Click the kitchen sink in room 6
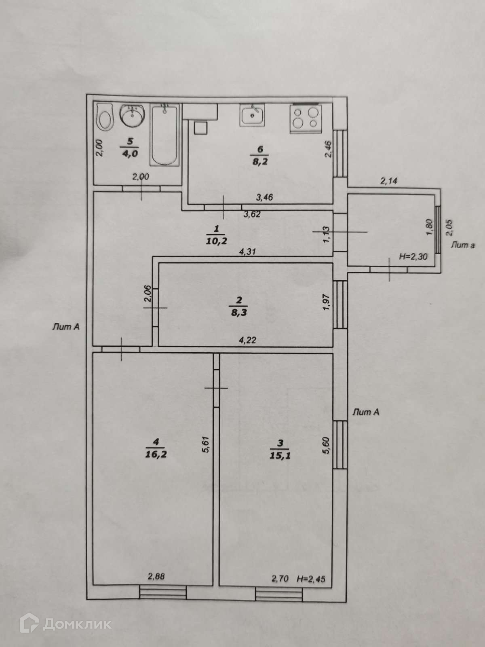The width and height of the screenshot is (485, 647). click(253, 115)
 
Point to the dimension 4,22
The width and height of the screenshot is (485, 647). click(247, 340)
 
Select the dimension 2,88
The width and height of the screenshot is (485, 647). click(156, 577)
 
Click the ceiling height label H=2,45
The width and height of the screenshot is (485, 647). click(310, 579)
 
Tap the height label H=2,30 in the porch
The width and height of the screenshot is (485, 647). click(413, 256)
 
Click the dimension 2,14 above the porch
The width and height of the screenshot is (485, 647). click(388, 181)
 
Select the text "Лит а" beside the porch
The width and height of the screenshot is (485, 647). click(462, 245)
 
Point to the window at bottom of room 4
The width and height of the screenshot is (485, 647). click(163, 593)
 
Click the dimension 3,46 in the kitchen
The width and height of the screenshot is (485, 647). click(265, 197)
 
